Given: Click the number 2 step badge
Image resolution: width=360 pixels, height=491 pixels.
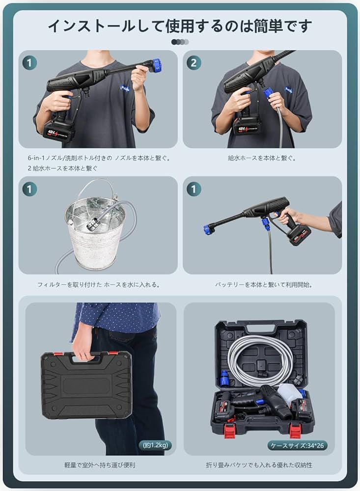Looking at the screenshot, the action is (x=194, y=63).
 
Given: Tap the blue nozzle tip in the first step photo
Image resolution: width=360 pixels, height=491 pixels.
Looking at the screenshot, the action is (x=156, y=65).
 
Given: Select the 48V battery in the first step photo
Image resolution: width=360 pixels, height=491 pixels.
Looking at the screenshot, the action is (x=58, y=132).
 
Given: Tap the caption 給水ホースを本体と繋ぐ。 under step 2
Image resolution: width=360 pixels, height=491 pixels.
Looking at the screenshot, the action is (x=262, y=158).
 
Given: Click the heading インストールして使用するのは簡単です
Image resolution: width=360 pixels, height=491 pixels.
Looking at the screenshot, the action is (x=180, y=26).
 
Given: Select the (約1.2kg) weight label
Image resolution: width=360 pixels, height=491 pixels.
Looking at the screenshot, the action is (x=155, y=445).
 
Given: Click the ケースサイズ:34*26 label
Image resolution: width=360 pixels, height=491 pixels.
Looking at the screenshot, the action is (x=297, y=445).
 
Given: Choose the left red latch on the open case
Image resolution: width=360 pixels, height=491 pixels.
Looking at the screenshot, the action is (x=230, y=428).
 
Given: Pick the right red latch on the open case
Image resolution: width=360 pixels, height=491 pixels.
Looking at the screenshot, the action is (x=295, y=430).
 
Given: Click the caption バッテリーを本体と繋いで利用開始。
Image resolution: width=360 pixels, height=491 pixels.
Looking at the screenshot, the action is (x=264, y=285).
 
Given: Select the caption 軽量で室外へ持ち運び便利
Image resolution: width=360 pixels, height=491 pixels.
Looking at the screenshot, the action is (x=100, y=465).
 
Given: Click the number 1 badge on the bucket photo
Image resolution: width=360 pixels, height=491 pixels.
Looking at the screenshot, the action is (x=29, y=189).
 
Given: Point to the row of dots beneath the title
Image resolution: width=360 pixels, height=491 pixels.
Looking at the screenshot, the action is (x=180, y=42).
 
